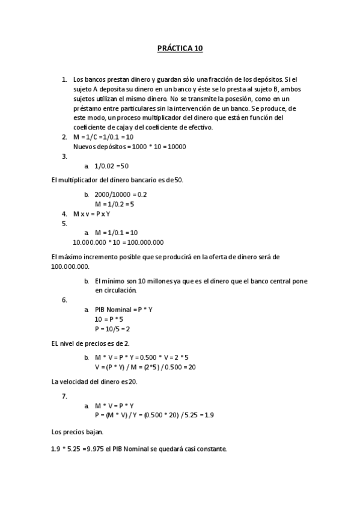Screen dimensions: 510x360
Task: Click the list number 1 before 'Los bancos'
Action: pyautogui.click(x=64, y=79)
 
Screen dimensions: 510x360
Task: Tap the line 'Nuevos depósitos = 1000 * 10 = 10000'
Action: pyautogui.click(x=129, y=146)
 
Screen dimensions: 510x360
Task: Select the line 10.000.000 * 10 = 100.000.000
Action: pyautogui.click(x=118, y=242)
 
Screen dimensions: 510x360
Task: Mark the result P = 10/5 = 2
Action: pyautogui.click(x=112, y=328)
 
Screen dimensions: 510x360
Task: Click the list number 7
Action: pyautogui.click(x=64, y=396)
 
